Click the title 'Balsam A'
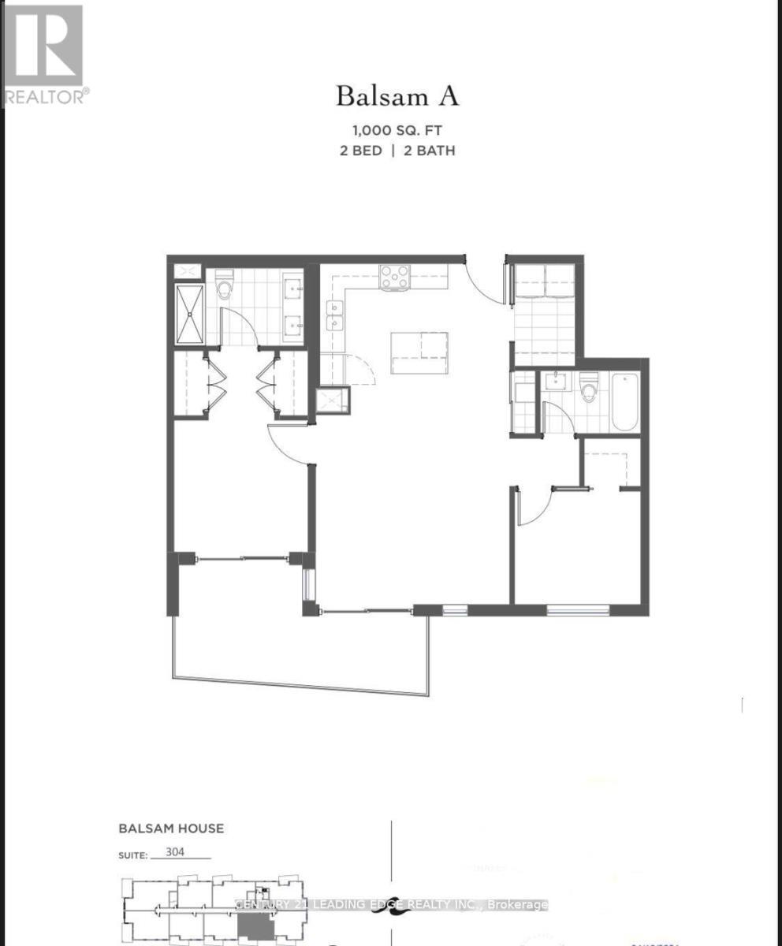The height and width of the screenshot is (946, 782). (x=397, y=96)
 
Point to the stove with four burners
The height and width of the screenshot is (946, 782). (x=395, y=277)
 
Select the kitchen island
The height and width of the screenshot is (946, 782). (x=419, y=352)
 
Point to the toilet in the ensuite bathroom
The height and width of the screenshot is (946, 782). (x=225, y=285)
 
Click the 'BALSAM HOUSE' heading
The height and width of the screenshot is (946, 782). (x=171, y=829)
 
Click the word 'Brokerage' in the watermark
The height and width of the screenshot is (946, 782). (x=518, y=904)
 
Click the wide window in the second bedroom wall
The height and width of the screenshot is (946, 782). (x=579, y=609)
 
